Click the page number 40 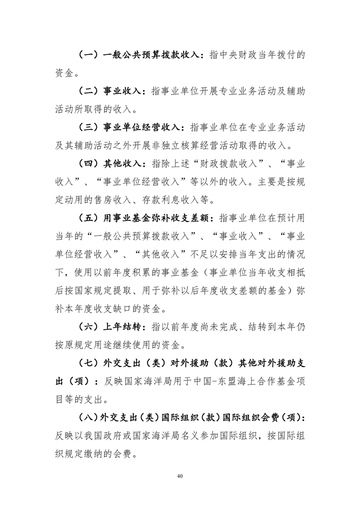click(179, 476)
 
